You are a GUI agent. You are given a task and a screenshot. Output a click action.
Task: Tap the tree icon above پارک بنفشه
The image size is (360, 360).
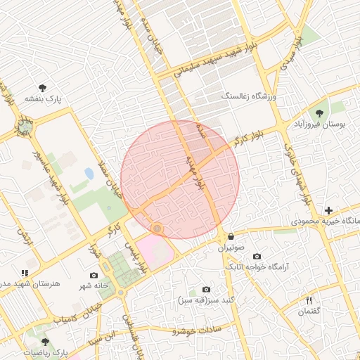(43, 88)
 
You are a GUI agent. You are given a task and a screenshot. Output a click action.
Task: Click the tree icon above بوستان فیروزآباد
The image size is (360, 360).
(320, 112)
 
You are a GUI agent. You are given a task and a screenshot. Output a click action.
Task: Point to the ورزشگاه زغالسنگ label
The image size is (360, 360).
(250, 95)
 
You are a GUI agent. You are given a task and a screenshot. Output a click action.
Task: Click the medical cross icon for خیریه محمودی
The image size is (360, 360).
(328, 210)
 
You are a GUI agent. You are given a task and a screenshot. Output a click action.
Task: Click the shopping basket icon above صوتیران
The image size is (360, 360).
(231, 237)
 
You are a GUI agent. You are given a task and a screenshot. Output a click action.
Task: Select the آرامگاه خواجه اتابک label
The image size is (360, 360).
(257, 267)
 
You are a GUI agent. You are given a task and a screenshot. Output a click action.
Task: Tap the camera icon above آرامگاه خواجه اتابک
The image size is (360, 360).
(257, 257)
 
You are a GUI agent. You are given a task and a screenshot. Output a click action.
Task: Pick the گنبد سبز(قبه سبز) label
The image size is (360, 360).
(206, 300)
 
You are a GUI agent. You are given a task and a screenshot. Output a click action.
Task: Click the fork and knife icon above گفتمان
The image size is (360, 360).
(309, 300)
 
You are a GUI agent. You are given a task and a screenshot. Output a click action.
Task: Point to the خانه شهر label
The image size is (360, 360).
(94, 285)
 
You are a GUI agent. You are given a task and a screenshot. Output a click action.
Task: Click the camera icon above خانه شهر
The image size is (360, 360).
(94, 276)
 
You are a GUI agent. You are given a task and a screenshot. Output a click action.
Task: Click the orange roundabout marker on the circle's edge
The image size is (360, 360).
(157, 229)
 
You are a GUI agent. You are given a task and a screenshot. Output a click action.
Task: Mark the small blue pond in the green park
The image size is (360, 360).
(89, 173)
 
